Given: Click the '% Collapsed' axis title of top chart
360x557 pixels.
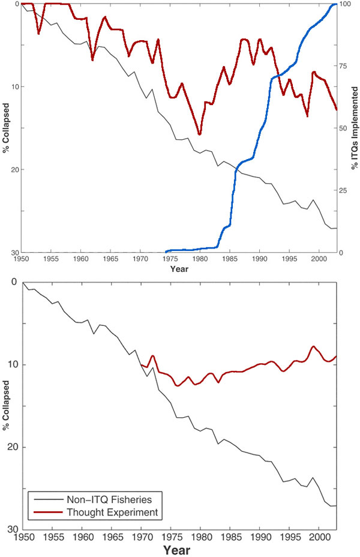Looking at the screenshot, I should tap(6, 127).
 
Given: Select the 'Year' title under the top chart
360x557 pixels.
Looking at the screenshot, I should tap(178, 269).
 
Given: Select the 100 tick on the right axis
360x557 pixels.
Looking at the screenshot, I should tap(344, 4).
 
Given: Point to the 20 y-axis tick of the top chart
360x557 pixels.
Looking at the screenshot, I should tap(13, 170).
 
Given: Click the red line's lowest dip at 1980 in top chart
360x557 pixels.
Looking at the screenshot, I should tap(200, 134).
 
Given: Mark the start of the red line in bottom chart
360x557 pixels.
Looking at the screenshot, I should tap(141, 364).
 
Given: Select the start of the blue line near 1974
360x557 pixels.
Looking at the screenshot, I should tap(166, 251).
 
